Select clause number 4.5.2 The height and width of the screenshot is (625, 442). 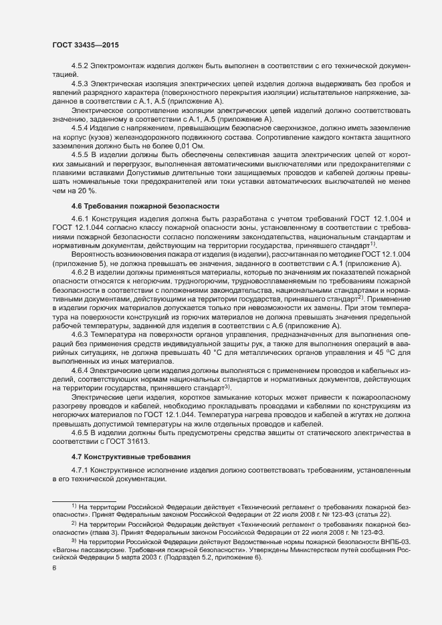80,67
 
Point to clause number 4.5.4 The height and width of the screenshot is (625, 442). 80,127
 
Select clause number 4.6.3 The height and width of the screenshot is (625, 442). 80,332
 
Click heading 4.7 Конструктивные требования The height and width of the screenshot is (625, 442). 130,457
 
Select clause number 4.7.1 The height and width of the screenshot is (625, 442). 80,471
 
